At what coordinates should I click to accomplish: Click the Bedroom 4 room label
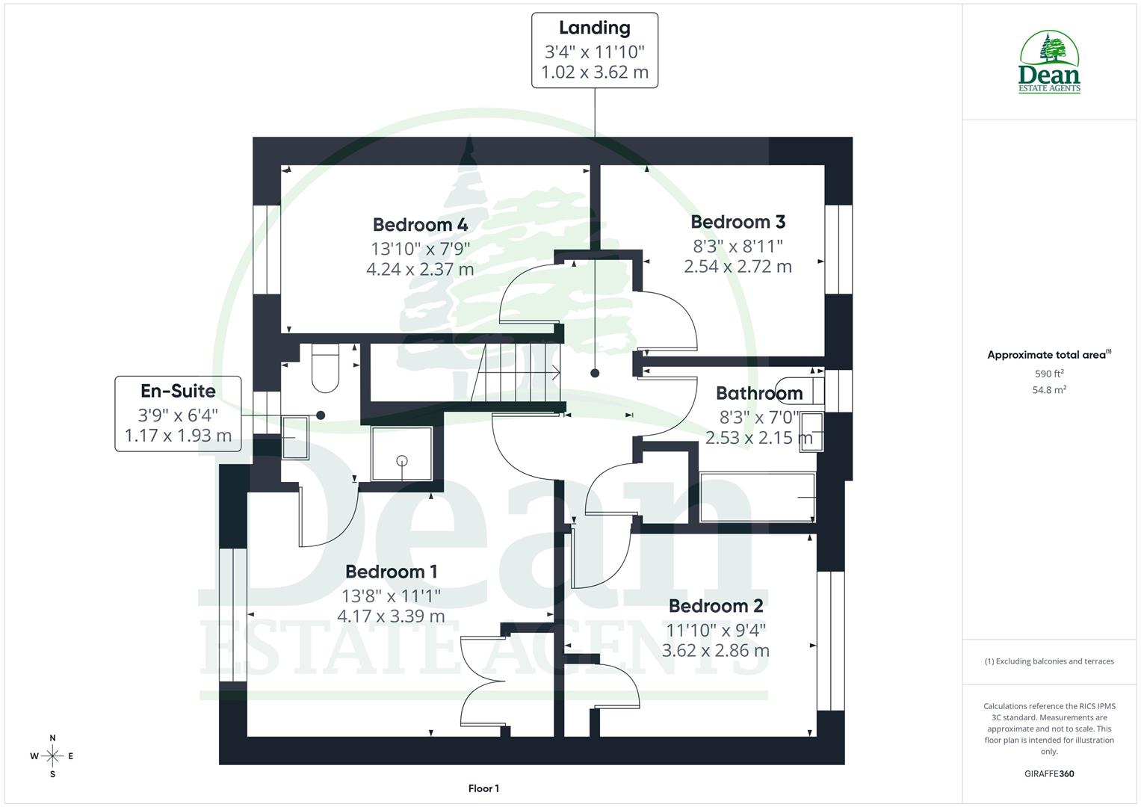pos(420,224)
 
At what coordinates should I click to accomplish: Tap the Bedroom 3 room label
pos(738,222)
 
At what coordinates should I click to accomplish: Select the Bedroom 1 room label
pos(391,572)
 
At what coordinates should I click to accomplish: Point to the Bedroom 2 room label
pos(715,605)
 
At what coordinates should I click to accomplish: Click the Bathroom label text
pos(758,393)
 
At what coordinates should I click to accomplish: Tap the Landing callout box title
pos(594,28)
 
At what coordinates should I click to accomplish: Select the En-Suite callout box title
pos(178,391)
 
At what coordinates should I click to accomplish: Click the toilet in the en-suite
pos(325,369)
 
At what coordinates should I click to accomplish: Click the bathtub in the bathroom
pos(757,498)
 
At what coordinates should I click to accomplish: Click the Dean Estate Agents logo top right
pos(1049,63)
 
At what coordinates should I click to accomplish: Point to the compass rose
pos(52,756)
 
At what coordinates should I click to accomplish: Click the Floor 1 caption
pos(483,788)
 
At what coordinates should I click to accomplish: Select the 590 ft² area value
pos(1049,374)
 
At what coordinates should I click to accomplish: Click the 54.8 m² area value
pos(1049,389)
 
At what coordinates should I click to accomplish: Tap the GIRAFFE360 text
pos(1048,774)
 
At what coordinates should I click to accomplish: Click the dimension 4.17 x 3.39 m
pos(391,616)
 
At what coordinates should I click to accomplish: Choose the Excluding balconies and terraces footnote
pos(1049,661)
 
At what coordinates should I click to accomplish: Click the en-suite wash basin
pos(294,437)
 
